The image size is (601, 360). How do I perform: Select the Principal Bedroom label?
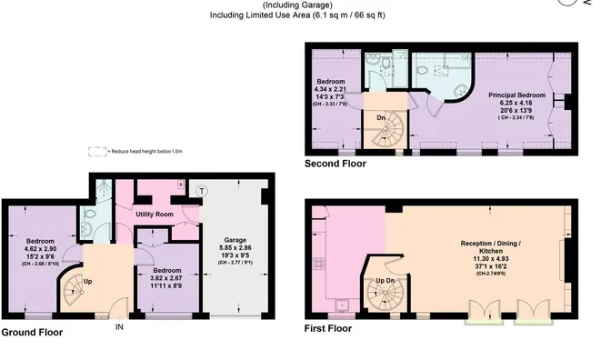pyautogui.click(x=516, y=95)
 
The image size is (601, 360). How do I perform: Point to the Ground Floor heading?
pyautogui.click(x=32, y=333)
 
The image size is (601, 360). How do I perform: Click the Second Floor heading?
pyautogui.click(x=336, y=165)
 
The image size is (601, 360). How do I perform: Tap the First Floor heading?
pyautogui.click(x=328, y=328)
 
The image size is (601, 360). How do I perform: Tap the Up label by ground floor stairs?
pyautogui.click(x=88, y=281)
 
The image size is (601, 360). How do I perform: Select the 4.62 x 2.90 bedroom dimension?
pyautogui.click(x=40, y=247)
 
